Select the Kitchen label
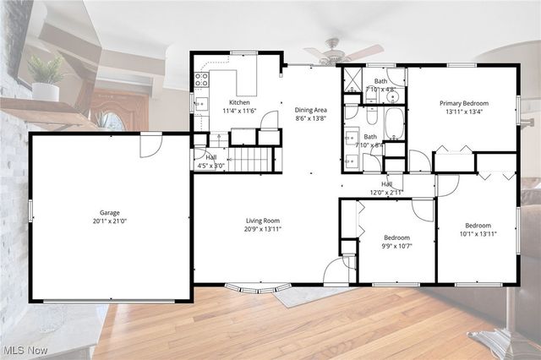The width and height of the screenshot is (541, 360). [x=238, y=101]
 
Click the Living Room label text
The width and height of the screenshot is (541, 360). [x=263, y=221]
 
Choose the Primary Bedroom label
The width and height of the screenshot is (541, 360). [x=462, y=103]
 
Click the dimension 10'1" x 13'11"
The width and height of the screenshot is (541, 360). [x=478, y=234]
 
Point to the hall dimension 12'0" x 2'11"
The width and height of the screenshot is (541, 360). [x=387, y=193]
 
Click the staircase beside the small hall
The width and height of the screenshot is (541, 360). [x=254, y=159]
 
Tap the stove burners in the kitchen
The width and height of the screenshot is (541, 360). [x=202, y=80]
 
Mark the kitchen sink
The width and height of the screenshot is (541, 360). [x=201, y=104]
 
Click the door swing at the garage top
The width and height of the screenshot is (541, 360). [x=150, y=145]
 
